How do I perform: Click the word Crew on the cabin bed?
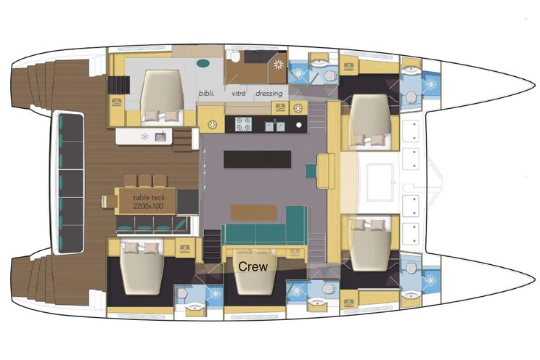pos(253,266)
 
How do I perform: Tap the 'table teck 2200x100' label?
pos(149,202)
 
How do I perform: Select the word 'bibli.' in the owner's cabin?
pos(207,93)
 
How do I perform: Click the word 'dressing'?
pos(269,94)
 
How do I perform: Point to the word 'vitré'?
pos(239,93)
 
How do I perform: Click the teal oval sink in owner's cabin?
pos(202,63)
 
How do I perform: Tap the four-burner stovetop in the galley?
pos(243,124)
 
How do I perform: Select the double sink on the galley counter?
pos(275,126)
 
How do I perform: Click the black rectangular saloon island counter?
pos(257,159)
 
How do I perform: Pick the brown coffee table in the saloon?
pos(253,212)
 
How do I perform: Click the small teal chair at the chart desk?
pos(311,171)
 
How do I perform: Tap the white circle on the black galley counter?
pos(299,125)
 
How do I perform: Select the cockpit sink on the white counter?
pos(160,136)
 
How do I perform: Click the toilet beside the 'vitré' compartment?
pos(236,57)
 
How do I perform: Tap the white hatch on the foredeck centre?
pos(380,183)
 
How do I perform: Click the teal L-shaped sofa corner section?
pos(297,225)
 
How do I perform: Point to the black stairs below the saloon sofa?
pos(212,246)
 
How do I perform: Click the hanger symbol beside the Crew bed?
pos(295,252)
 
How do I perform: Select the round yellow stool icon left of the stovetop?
pos(212,124)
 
